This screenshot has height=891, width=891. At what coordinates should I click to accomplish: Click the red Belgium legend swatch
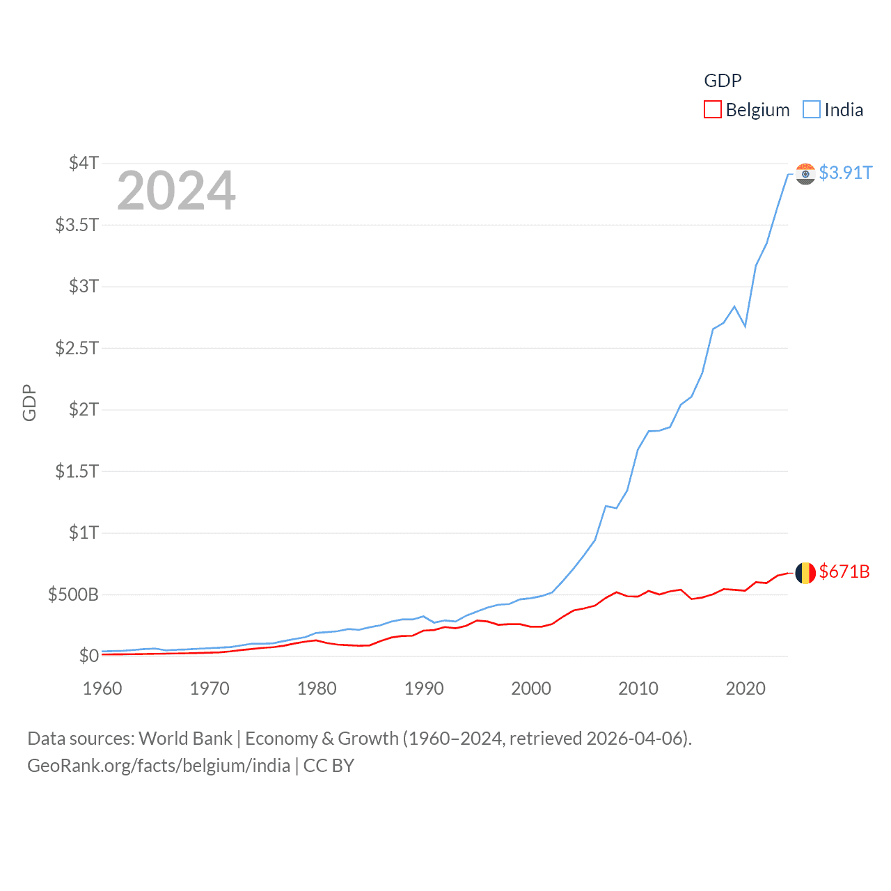pyautogui.click(x=713, y=110)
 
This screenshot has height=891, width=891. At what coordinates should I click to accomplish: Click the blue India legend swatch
pyautogui.click(x=812, y=110)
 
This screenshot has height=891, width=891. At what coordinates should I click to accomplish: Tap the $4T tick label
pyautogui.click(x=84, y=163)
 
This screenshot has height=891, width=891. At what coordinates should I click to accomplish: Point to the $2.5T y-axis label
pyautogui.click(x=77, y=347)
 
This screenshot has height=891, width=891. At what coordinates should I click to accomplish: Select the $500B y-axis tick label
pyautogui.click(x=73, y=594)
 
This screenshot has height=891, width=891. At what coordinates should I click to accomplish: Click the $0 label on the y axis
pyautogui.click(x=88, y=656)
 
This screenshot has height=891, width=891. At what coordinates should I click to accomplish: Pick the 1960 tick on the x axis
pyautogui.click(x=102, y=688)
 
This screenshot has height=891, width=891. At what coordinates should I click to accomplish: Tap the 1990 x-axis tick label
pyautogui.click(x=424, y=688)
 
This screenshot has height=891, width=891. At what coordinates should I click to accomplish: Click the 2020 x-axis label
pyautogui.click(x=746, y=688)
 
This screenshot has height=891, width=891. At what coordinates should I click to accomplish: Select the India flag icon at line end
pyautogui.click(x=805, y=173)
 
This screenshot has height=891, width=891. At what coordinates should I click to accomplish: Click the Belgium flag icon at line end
pyautogui.click(x=805, y=573)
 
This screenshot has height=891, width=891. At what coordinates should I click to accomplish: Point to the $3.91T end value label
pyautogui.click(x=846, y=173)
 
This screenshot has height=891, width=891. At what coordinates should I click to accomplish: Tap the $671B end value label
pyautogui.click(x=844, y=571)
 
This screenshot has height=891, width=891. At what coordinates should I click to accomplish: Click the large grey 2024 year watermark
pyautogui.click(x=176, y=191)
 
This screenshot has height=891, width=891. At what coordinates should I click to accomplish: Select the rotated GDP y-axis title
pyautogui.click(x=29, y=402)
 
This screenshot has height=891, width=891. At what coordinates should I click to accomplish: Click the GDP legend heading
pyautogui.click(x=723, y=81)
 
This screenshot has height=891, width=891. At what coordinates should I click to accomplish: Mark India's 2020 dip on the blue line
pyautogui.click(x=745, y=326)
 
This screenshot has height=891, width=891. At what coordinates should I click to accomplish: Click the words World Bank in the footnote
pyautogui.click(x=185, y=738)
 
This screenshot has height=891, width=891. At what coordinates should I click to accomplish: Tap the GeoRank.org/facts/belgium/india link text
pyautogui.click(x=159, y=766)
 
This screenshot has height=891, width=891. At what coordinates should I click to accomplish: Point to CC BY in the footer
pyautogui.click(x=329, y=766)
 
